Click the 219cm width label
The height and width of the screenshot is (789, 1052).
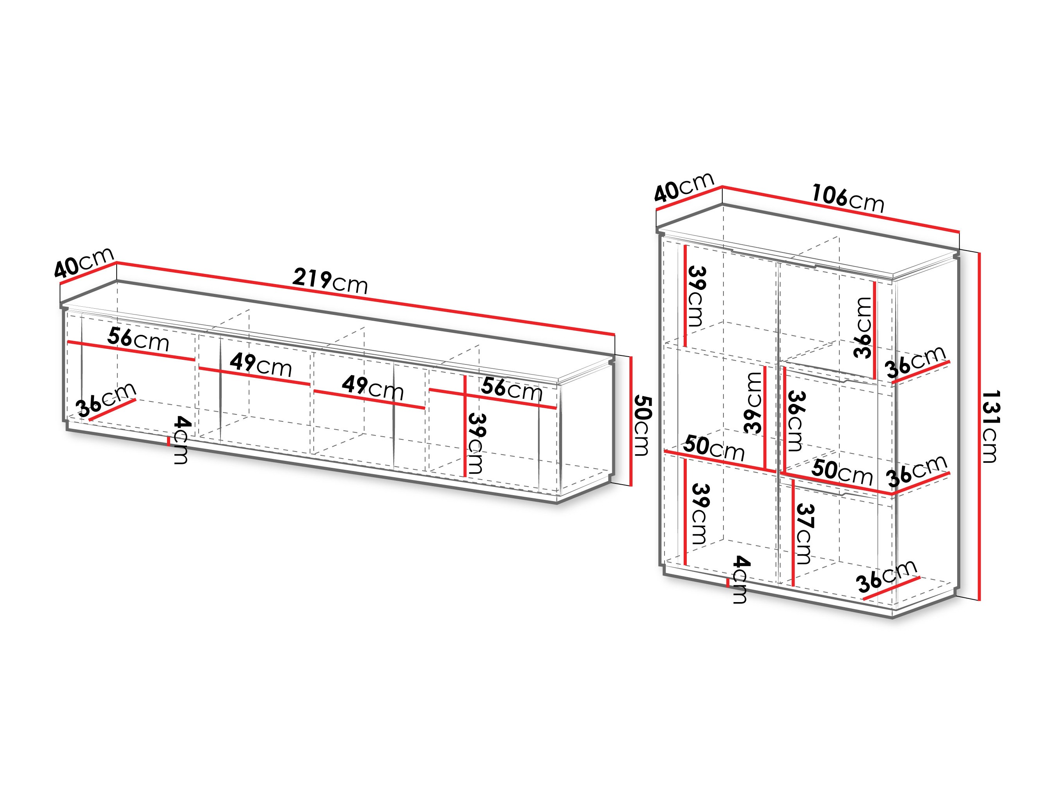tap(330, 281)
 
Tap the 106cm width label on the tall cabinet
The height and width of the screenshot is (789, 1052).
tap(847, 198)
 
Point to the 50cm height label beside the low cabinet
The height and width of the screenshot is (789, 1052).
tap(642, 425)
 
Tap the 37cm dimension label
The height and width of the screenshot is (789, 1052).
tap(804, 534)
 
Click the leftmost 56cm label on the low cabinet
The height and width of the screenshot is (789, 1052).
tap(138, 339)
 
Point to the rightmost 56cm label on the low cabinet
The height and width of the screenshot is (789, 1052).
tap(511, 389)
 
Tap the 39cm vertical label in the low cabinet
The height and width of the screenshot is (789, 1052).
tap(476, 443)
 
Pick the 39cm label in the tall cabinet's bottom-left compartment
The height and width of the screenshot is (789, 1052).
tap(699, 514)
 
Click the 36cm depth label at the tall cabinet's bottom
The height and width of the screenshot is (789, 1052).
tap(885, 577)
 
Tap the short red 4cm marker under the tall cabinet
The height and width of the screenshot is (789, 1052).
tap(728, 583)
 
